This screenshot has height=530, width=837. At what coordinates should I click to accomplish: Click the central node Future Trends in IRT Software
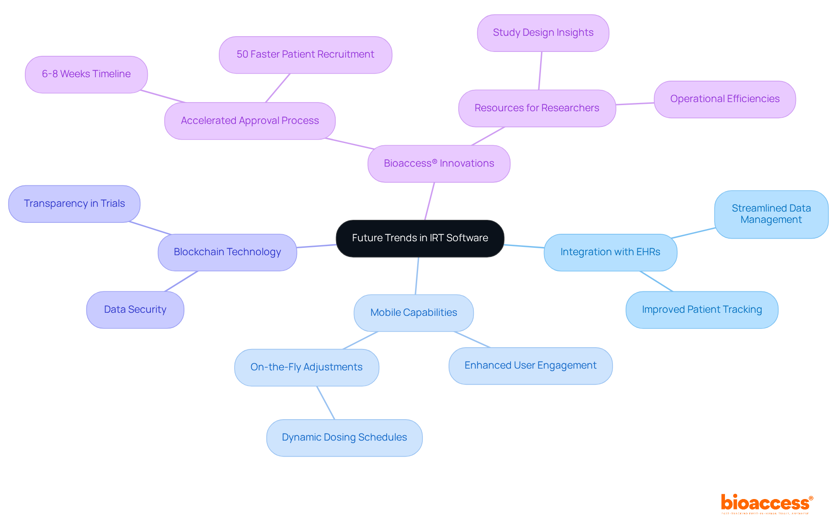point(420,238)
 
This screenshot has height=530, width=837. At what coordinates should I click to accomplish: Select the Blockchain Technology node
point(227,252)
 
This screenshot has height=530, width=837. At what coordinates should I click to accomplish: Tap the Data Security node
point(135,310)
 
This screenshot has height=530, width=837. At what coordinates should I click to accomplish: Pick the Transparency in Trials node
point(74,204)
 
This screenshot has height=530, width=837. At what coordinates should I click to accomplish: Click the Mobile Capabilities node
point(413,313)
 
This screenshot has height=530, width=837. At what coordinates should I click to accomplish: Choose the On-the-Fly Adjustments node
point(306,367)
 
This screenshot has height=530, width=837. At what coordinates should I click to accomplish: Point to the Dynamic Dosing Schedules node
point(344,438)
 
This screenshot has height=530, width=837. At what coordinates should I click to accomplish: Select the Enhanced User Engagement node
point(530,366)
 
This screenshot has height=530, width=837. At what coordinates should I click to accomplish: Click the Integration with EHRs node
point(610,252)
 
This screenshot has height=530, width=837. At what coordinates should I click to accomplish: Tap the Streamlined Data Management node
point(771,214)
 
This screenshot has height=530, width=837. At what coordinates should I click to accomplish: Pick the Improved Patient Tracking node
point(701,310)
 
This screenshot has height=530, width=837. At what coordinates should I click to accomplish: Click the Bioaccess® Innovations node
point(439,164)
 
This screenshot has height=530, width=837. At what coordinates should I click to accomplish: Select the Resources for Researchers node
point(537,108)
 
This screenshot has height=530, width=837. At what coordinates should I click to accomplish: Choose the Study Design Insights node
point(543,33)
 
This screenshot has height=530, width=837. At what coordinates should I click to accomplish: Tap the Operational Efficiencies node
point(725,99)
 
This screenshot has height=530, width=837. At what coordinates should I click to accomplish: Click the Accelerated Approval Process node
point(250,121)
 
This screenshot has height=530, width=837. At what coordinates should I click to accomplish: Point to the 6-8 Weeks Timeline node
point(86,74)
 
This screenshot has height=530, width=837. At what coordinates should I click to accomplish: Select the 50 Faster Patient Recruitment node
point(305,55)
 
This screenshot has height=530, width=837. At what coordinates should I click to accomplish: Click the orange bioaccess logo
point(766,503)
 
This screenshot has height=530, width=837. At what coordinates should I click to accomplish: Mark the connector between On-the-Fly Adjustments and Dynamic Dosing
point(326,403)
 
